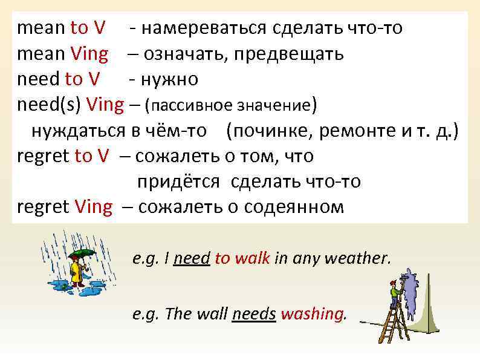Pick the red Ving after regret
(x=94, y=207)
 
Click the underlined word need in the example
(x=191, y=260)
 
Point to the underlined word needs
(x=254, y=314)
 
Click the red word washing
(x=313, y=314)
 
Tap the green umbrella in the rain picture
(x=83, y=253)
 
